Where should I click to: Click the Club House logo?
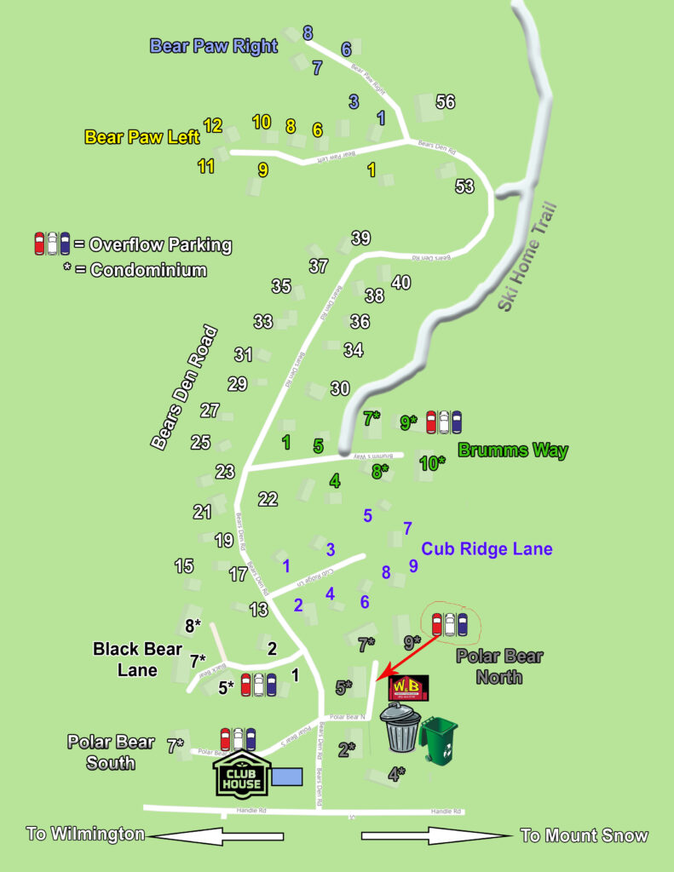click(239, 774)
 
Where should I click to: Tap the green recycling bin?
click(438, 738)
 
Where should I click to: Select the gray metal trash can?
click(400, 729)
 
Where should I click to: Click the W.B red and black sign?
click(408, 687)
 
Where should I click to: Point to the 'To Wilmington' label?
click(85, 834)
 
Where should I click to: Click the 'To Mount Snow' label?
click(585, 835)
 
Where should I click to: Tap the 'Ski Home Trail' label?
click(527, 256)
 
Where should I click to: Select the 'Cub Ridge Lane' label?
click(487, 549)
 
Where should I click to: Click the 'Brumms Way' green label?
click(513, 450)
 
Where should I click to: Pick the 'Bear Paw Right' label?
click(214, 46)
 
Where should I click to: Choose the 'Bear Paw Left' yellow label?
click(142, 136)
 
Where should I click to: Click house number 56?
click(446, 102)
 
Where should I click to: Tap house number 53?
click(464, 186)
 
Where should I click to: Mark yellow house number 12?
click(212, 126)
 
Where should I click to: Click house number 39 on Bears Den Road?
click(360, 238)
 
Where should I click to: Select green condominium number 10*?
click(433, 463)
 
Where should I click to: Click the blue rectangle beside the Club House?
click(287, 776)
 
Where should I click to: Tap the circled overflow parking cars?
click(449, 624)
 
